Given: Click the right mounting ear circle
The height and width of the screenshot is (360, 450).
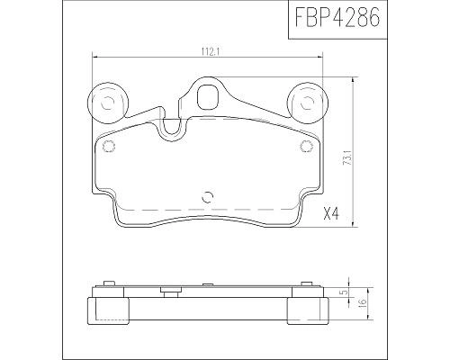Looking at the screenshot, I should [307, 102].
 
